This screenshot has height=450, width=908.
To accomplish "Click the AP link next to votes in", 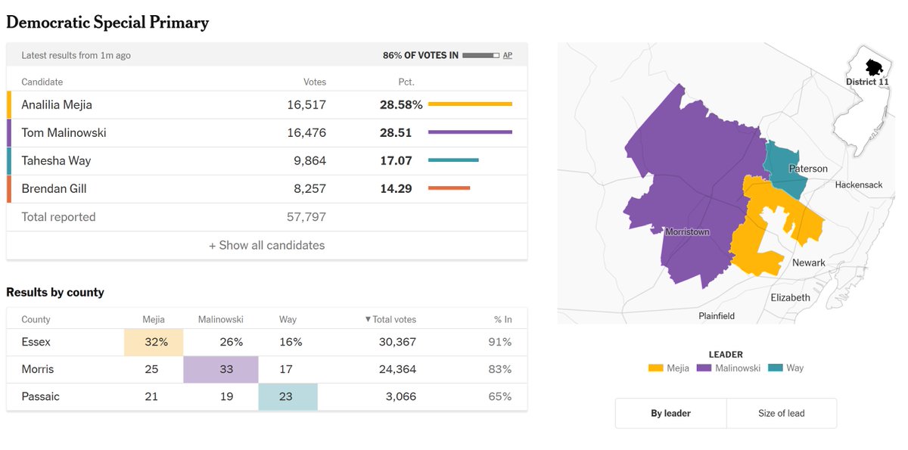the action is point(508,55).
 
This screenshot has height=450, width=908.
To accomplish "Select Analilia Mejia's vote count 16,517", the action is point(306,105).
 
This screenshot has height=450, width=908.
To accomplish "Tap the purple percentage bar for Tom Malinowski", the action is point(470,132).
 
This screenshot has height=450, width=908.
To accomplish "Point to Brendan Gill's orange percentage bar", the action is point(449,188).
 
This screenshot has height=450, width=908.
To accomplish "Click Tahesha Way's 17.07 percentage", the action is point(396,161).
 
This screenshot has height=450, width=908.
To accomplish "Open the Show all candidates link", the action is point(266,246).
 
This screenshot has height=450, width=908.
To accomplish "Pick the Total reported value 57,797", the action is point(306,217).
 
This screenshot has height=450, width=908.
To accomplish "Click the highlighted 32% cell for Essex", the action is point(154,343).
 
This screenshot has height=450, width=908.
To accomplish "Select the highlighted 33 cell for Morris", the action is point(221,369).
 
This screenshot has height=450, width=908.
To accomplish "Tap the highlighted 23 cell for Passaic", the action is point(288,396).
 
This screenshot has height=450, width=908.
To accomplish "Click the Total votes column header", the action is point(390,320).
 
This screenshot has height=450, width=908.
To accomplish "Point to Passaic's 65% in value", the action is point(500,396).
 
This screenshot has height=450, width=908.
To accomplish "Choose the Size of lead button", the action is point(782,413).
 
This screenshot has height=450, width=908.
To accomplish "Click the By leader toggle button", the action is point(671,413).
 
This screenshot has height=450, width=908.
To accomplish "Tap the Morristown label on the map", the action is point(688,232).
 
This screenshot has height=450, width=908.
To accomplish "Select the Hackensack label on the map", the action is point(859,185).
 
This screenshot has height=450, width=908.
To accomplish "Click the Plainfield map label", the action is point(717,316).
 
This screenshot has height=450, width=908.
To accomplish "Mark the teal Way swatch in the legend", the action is point(776,368).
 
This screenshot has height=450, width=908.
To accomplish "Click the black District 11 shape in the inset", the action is point(874,67).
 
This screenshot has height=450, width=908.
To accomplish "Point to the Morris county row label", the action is point(38,369).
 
